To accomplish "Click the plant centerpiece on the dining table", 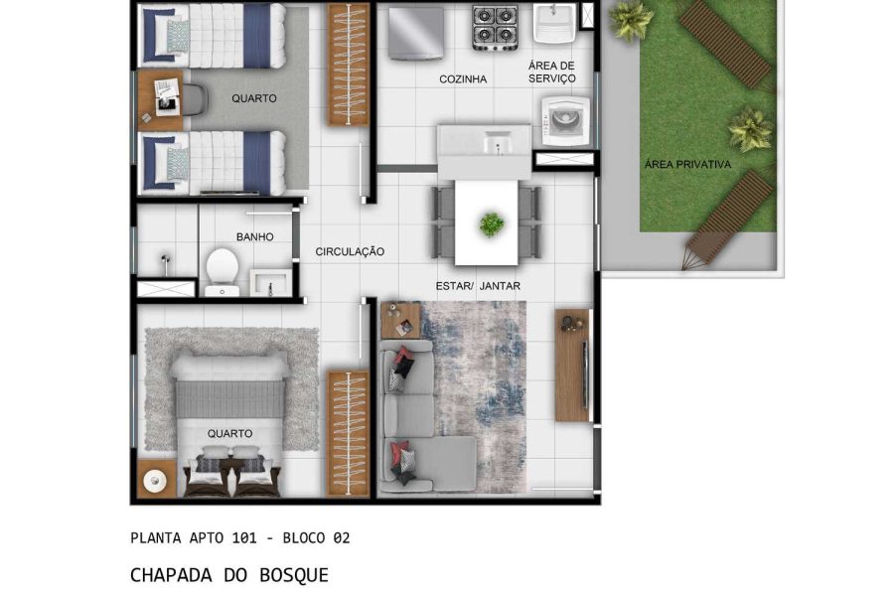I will click(x=491, y=223).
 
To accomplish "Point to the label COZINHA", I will click(x=463, y=79).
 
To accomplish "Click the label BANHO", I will click(x=254, y=237).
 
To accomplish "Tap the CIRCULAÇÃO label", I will click(x=350, y=252).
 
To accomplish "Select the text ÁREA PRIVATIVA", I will click(x=687, y=165).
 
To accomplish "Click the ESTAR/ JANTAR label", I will click(x=478, y=286).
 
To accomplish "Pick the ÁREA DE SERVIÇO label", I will click(x=551, y=73).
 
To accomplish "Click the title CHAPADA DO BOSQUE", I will click(x=228, y=575).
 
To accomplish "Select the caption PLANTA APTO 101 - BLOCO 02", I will click(x=239, y=538).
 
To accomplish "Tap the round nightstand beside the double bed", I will click(x=154, y=481).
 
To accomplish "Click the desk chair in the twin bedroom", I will click(x=194, y=97).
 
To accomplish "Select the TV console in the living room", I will click(x=572, y=364).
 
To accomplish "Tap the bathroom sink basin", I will click(x=268, y=282).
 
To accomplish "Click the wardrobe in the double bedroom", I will click(x=348, y=433).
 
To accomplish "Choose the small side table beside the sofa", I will click(x=401, y=321).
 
